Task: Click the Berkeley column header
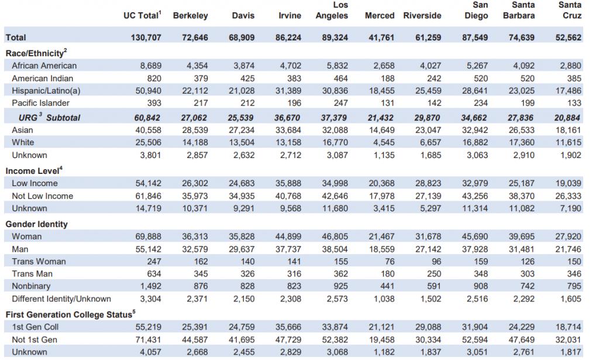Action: point(190,16)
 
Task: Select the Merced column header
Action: point(379,16)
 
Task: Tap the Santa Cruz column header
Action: point(570,11)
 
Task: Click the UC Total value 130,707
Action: point(146,37)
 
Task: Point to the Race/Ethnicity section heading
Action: point(36,53)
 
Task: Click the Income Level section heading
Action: point(34,170)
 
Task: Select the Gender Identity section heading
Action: point(37,224)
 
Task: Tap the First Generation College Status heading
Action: point(70,314)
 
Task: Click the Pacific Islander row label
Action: point(40,103)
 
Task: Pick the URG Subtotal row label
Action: point(49,117)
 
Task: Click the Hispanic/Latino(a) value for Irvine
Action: point(288,91)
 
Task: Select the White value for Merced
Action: point(384,142)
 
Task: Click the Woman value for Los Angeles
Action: point(335,236)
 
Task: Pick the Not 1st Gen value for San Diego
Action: point(475,340)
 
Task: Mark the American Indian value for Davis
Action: point(247,78)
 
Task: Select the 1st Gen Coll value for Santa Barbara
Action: point(521,327)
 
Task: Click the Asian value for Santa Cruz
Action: point(569,130)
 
